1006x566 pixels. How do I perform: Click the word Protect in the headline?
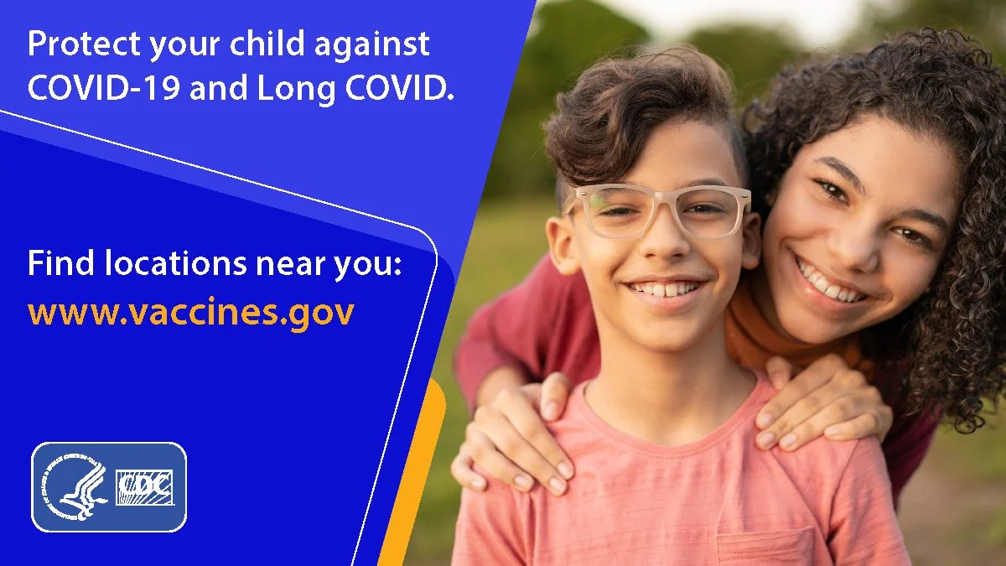pos(84,44)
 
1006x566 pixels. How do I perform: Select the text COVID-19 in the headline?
pos(104,87)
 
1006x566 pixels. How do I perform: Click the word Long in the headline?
pos(296,89)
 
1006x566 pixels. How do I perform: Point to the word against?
pos(372,44)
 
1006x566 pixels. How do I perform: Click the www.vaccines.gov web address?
pos(191,312)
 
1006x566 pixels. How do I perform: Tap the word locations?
pos(175,263)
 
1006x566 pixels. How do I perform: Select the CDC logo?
pos(144,487)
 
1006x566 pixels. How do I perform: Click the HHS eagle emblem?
pos(75,487)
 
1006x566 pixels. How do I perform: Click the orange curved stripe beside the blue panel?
pos(414,471)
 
